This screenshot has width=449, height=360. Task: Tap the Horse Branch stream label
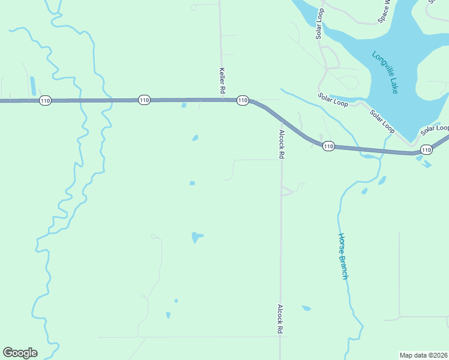[x=343, y=256]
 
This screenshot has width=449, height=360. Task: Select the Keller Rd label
[x=221, y=80]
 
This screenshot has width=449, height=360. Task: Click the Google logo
[x=20, y=352]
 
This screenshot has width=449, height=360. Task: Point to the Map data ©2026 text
[x=423, y=355]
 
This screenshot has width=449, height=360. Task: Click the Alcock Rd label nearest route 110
[x=281, y=144]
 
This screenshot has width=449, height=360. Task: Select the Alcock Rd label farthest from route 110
[x=280, y=319]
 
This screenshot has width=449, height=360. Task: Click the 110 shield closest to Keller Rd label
[x=243, y=100]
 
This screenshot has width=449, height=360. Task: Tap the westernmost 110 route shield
[x=45, y=100]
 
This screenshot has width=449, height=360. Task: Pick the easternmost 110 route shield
[x=426, y=149]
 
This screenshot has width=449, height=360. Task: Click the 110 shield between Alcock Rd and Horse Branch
[x=328, y=146]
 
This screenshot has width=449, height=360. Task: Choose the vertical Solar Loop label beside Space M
[x=320, y=25]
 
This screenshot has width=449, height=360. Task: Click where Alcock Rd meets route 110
[x=280, y=121]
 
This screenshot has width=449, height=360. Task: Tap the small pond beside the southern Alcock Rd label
[x=306, y=308]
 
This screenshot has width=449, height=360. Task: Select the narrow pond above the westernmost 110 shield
[x=32, y=86]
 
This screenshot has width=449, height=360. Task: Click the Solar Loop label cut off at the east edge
[x=435, y=129]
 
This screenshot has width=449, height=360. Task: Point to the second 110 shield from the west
[x=143, y=100]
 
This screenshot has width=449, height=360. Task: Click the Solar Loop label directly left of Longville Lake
[x=333, y=100]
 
